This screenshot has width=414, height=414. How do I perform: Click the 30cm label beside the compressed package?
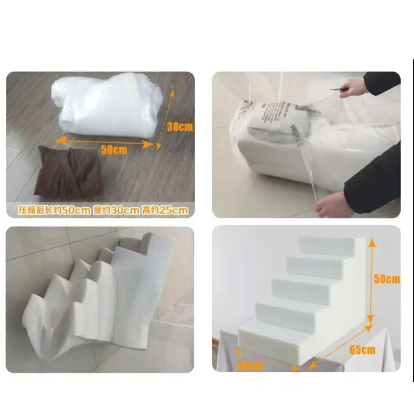point(180,127)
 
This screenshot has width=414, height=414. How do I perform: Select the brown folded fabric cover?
point(70,172)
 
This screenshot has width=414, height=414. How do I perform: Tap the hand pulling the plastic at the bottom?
point(333,204)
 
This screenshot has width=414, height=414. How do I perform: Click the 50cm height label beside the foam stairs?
point(387,279)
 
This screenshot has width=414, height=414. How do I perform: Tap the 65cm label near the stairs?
point(362,350)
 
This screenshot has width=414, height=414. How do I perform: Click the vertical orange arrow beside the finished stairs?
point(371,282)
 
